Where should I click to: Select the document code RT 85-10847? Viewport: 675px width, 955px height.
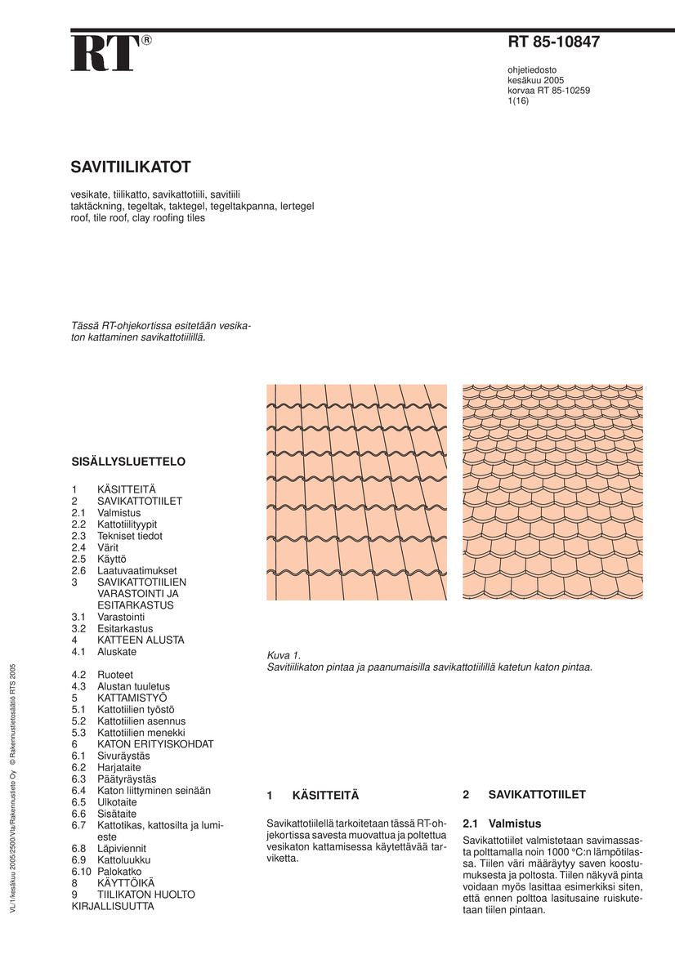tap(554, 42)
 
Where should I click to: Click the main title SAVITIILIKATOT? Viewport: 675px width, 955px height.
tap(131, 167)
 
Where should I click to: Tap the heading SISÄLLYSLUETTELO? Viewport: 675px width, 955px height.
tap(128, 462)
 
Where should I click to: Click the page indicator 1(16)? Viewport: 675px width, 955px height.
tap(518, 100)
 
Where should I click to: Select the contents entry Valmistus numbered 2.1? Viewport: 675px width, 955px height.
tap(118, 513)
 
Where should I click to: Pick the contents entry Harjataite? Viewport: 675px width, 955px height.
tap(118, 767)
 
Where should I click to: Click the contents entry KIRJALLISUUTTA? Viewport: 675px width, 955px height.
tap(113, 906)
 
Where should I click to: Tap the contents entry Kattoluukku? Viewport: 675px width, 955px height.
tap(123, 860)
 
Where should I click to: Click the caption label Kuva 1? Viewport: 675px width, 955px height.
tap(284, 655)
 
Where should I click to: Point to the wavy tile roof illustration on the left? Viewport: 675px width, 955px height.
tap(357, 492)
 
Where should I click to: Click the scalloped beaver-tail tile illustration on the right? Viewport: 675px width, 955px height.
tap(552, 492)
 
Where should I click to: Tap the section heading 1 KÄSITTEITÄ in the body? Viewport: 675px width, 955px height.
tap(313, 795)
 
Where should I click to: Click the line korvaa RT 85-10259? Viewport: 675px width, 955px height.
tap(548, 91)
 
